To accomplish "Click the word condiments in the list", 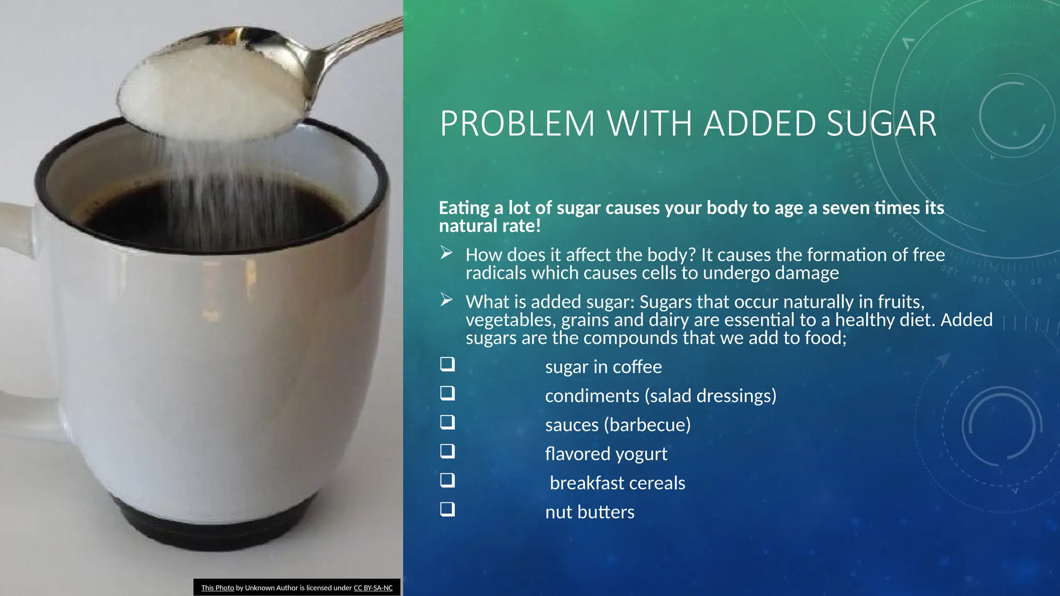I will tap(592, 396).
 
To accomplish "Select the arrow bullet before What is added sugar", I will tap(447, 300).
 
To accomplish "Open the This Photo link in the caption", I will tap(217, 588).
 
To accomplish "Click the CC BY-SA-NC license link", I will tap(373, 588).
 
